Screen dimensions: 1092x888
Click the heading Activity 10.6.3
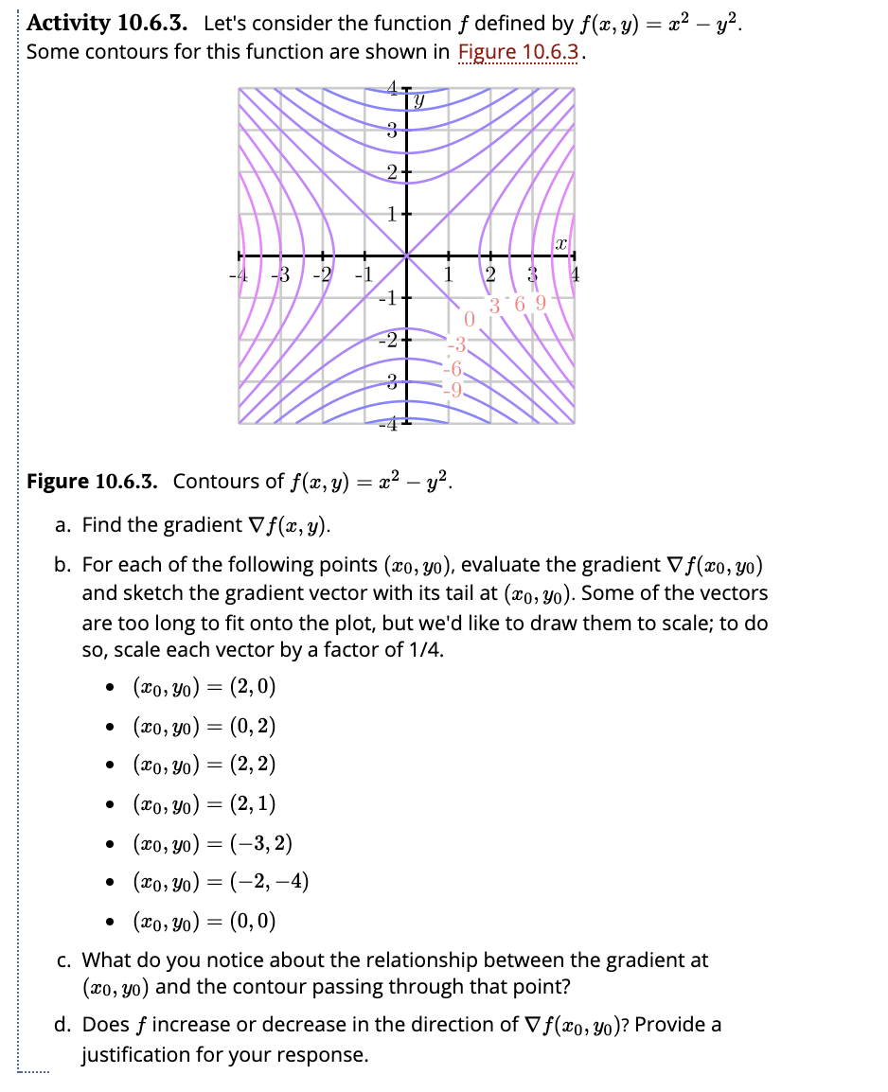(x=108, y=24)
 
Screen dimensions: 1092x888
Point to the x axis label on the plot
(x=560, y=243)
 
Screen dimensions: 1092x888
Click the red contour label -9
(x=455, y=388)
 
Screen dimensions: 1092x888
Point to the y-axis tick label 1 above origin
(x=391, y=213)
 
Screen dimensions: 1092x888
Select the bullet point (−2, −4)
(x=220, y=883)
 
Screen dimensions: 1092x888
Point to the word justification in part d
(x=138, y=1054)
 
